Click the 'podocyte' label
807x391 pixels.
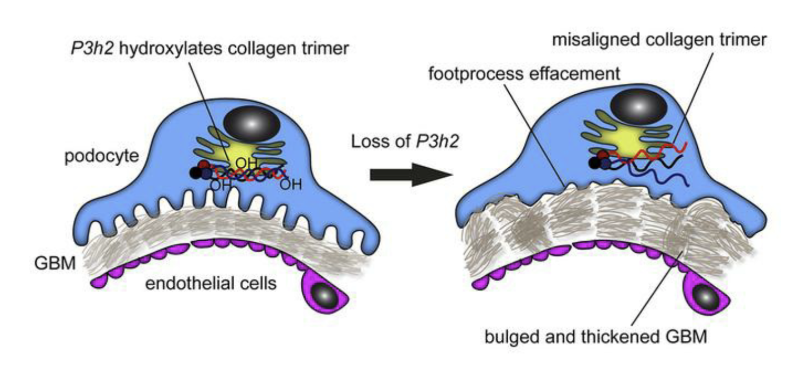[x=102, y=156]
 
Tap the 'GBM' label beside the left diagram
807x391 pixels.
[x=55, y=263]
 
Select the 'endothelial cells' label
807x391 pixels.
[x=211, y=283]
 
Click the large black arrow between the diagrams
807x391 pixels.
[x=411, y=175]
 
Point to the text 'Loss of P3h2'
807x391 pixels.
[x=405, y=141]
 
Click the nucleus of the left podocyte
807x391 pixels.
[x=252, y=124]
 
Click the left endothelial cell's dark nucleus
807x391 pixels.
[x=324, y=296]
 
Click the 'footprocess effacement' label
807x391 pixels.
[x=524, y=74]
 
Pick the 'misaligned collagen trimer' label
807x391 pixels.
[x=659, y=40]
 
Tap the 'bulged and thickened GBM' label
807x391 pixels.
[x=596, y=337]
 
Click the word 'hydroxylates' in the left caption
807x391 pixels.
[x=169, y=49]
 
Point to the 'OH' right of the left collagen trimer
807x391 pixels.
[x=291, y=185]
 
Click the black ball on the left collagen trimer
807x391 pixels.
[x=196, y=173]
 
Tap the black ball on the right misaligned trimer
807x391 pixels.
[x=595, y=163]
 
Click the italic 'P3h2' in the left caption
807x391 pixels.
[x=92, y=49]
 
